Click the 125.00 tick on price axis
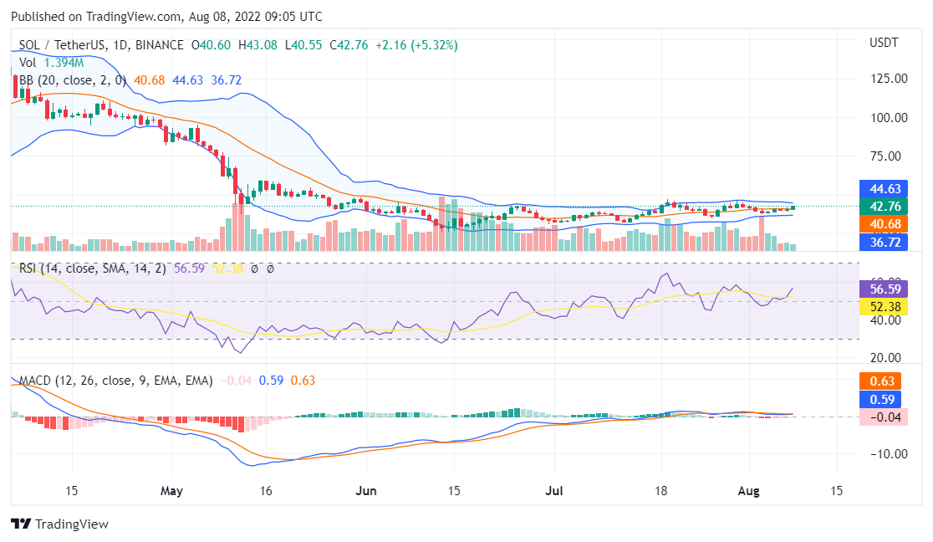coord(889,79)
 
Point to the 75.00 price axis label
coord(889,156)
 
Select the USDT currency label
coord(884,42)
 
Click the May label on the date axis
coord(171,490)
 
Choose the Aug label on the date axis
coord(748,490)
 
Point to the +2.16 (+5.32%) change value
coord(416,45)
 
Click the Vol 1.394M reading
coord(51,63)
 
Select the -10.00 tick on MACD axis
coord(889,453)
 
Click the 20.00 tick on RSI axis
coord(889,358)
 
